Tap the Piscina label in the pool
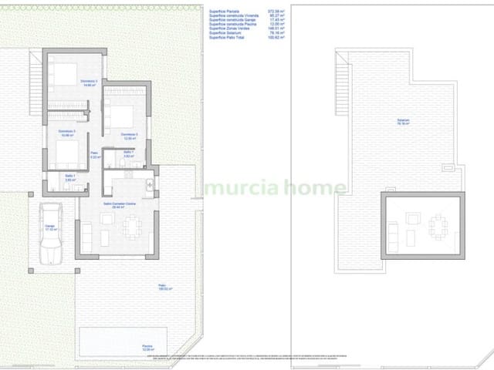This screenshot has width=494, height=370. pos(147,347)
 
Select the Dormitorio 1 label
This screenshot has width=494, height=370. pos(88,82)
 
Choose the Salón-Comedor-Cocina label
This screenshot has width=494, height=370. pos(120,205)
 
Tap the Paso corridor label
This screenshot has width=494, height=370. pos(95,155)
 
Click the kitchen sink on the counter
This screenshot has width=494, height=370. pos(148,183)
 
